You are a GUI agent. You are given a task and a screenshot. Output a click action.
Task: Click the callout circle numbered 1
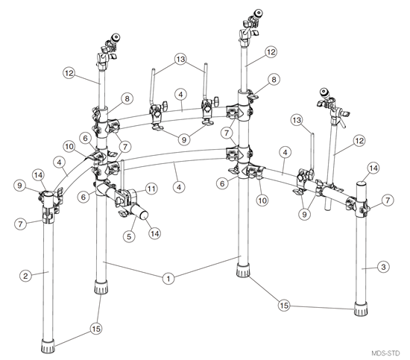click(x=169, y=278)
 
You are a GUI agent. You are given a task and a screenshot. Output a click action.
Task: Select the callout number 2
click(x=26, y=275)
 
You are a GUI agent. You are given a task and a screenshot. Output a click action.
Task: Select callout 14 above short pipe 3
click(x=372, y=168)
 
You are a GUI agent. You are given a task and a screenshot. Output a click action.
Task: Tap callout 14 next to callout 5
click(x=154, y=233)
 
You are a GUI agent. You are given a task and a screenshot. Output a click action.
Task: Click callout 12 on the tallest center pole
click(x=270, y=52)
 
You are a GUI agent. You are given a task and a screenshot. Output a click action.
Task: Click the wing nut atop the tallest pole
click(x=255, y=13)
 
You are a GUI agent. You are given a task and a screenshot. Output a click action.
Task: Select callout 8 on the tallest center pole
click(x=274, y=79)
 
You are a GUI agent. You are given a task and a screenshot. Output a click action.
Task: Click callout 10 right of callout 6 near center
click(x=261, y=199)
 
